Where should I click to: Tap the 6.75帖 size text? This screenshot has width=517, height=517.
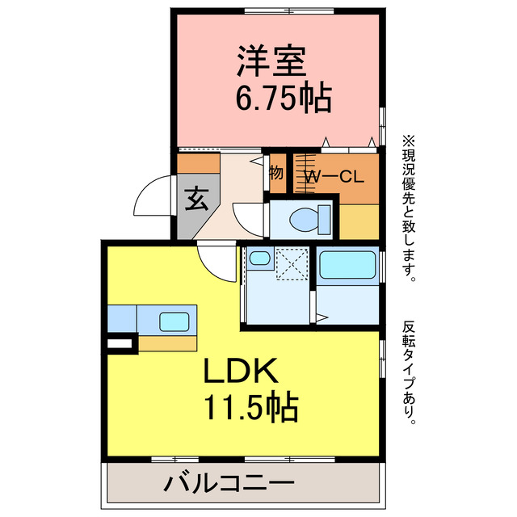[x=283, y=99]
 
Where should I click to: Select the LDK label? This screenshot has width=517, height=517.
[x=241, y=372]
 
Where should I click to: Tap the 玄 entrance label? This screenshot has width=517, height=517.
[x=195, y=196]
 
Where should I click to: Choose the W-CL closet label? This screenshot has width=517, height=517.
[x=331, y=177]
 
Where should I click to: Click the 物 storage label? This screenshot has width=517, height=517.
[x=276, y=172]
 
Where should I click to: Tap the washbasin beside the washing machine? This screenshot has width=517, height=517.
[x=258, y=259]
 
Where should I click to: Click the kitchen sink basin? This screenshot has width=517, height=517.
[x=174, y=321]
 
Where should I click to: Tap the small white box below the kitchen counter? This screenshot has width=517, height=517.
[x=120, y=344]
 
